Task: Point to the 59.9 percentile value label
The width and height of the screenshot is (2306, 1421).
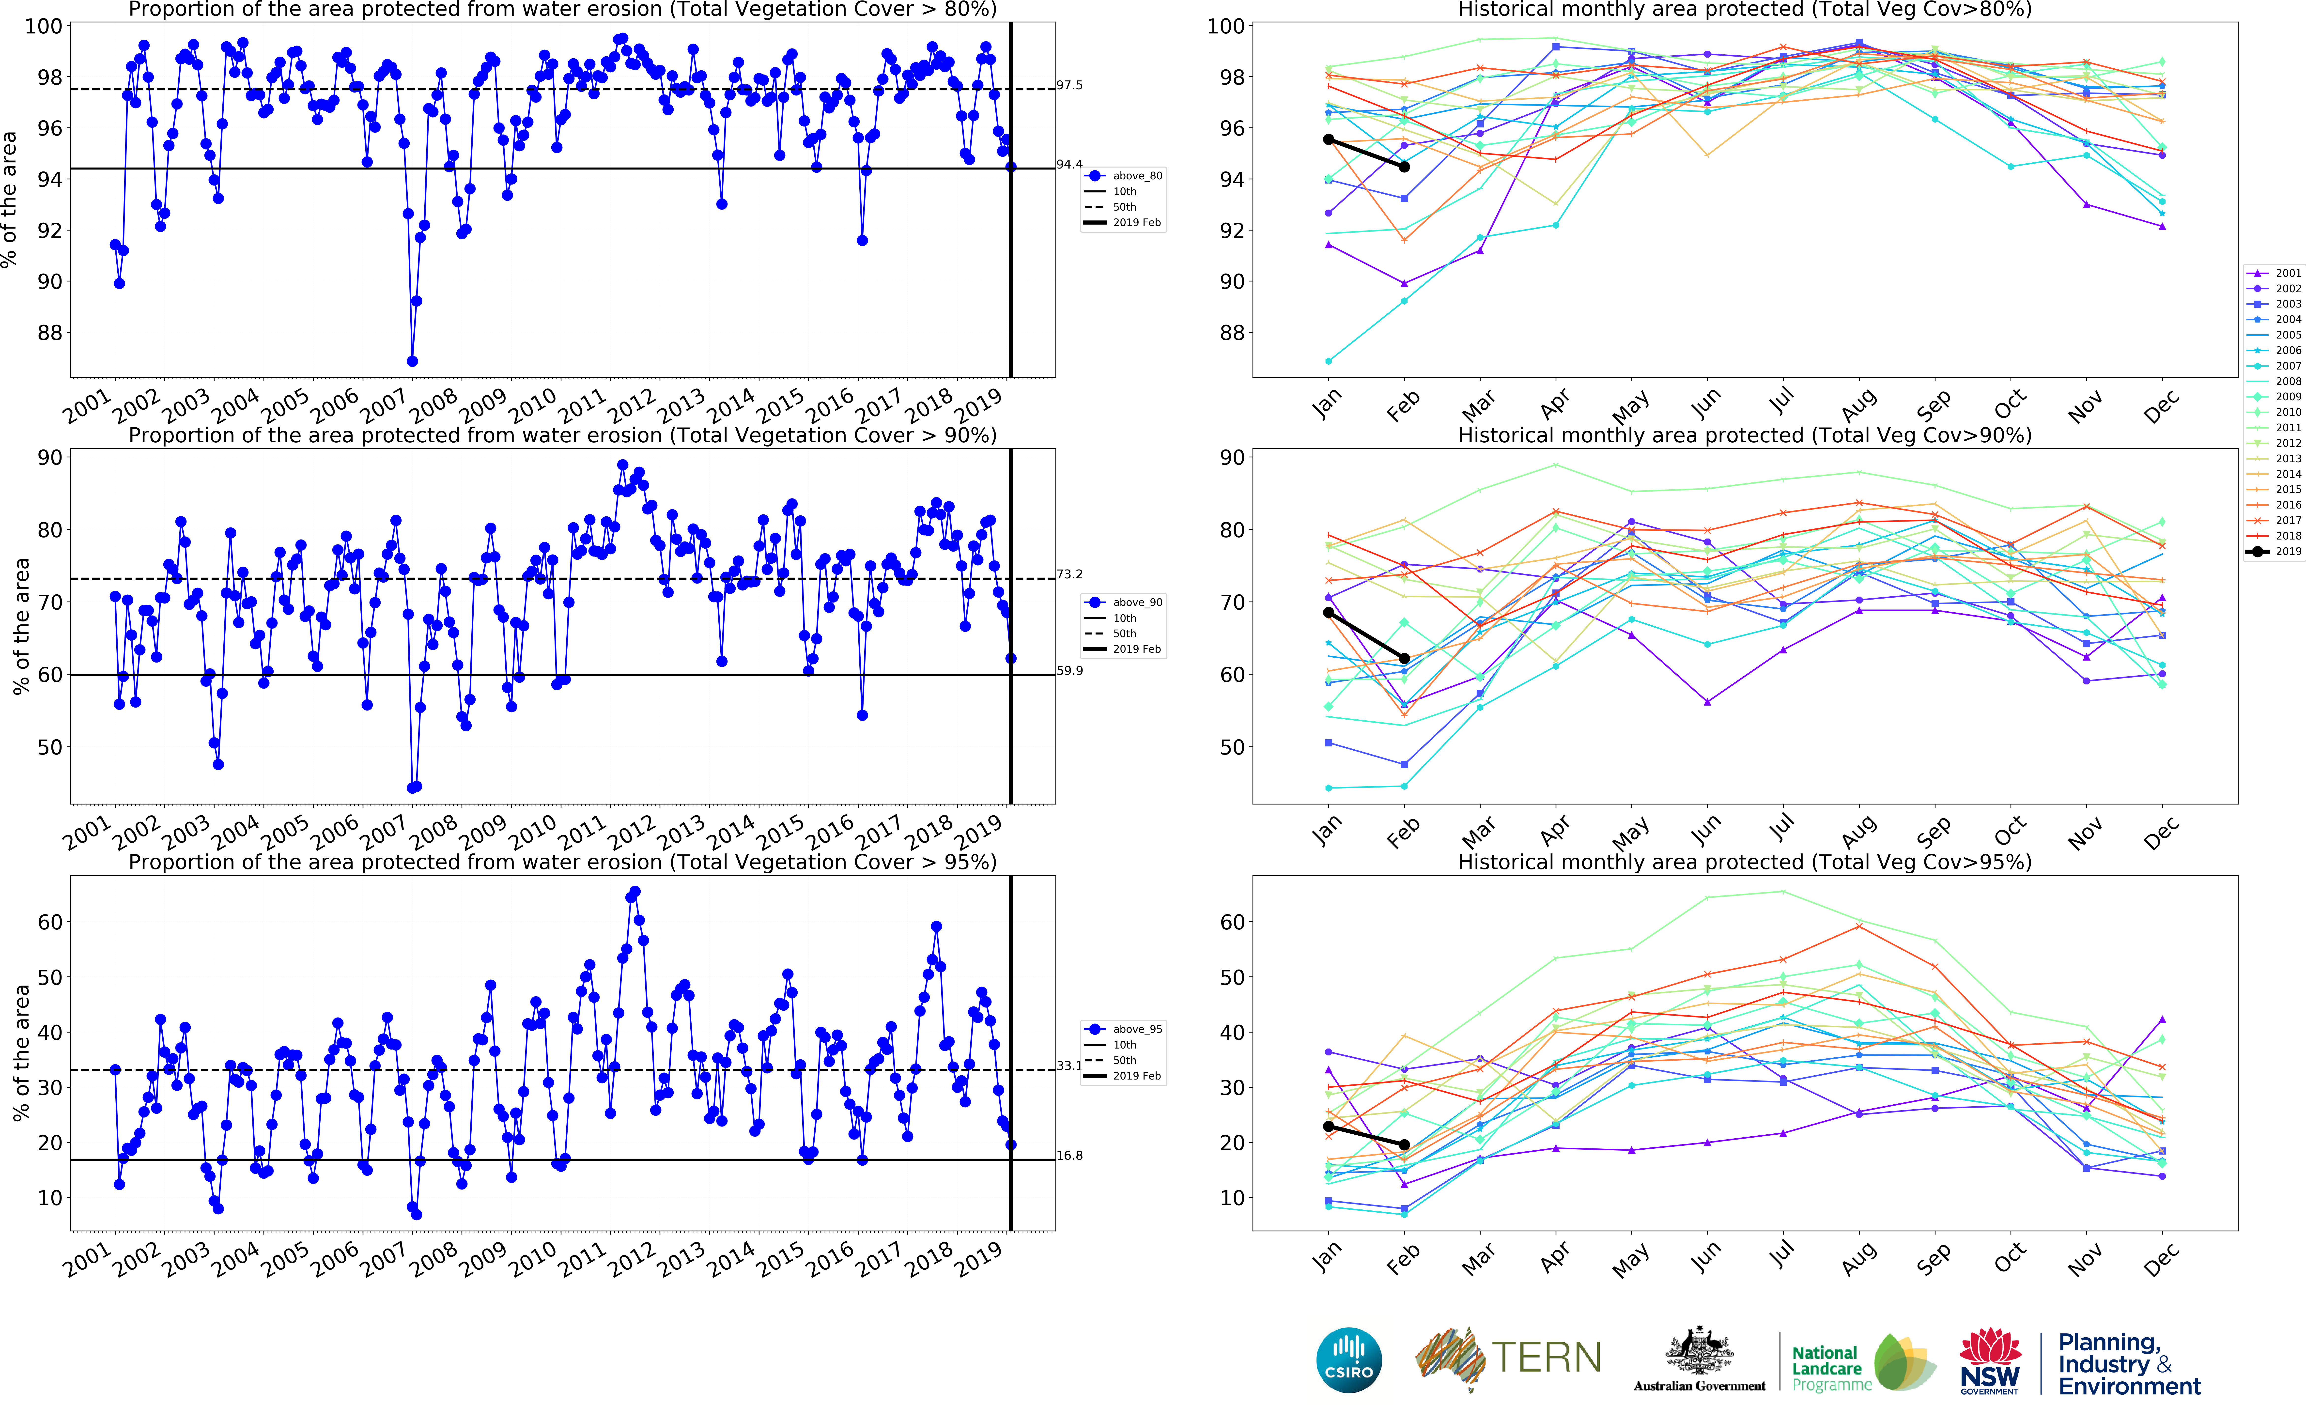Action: (1069, 671)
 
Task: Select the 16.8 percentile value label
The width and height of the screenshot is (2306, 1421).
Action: (1069, 1156)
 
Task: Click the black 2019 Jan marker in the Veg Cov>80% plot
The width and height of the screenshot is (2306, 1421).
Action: (1329, 139)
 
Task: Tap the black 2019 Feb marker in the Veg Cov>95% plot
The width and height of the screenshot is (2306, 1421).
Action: (1405, 1145)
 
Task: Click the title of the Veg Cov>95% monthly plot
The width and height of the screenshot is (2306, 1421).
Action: (1744, 862)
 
